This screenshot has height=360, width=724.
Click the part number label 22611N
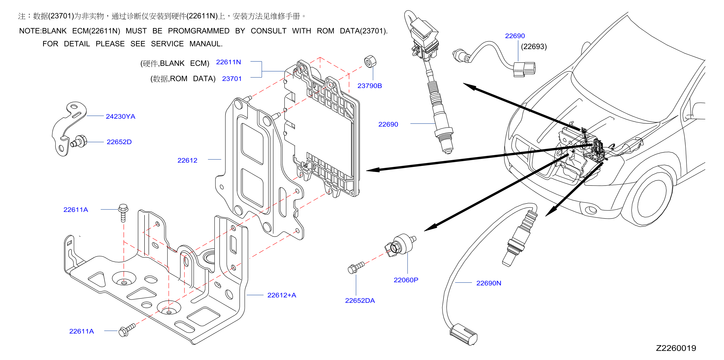[x=228, y=62]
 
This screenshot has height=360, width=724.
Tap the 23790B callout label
[x=370, y=86]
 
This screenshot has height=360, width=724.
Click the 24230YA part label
[x=121, y=116]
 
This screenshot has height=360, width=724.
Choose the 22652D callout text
[x=119, y=142]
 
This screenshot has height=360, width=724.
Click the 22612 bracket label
[x=187, y=160]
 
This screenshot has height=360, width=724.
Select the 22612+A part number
[x=282, y=295]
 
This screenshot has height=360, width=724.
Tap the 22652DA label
[x=360, y=300]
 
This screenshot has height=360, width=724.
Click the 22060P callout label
[x=406, y=280]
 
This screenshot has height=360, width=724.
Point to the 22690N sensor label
[x=489, y=283]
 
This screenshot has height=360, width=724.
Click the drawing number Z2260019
[x=676, y=348]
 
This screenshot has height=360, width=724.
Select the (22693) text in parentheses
[x=534, y=46]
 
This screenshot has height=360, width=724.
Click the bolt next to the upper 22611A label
[x=123, y=213]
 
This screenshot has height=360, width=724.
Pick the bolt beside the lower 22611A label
[x=127, y=330]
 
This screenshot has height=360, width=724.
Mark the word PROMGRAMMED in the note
[x=199, y=31]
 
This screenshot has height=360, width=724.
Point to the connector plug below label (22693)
[x=524, y=69]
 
